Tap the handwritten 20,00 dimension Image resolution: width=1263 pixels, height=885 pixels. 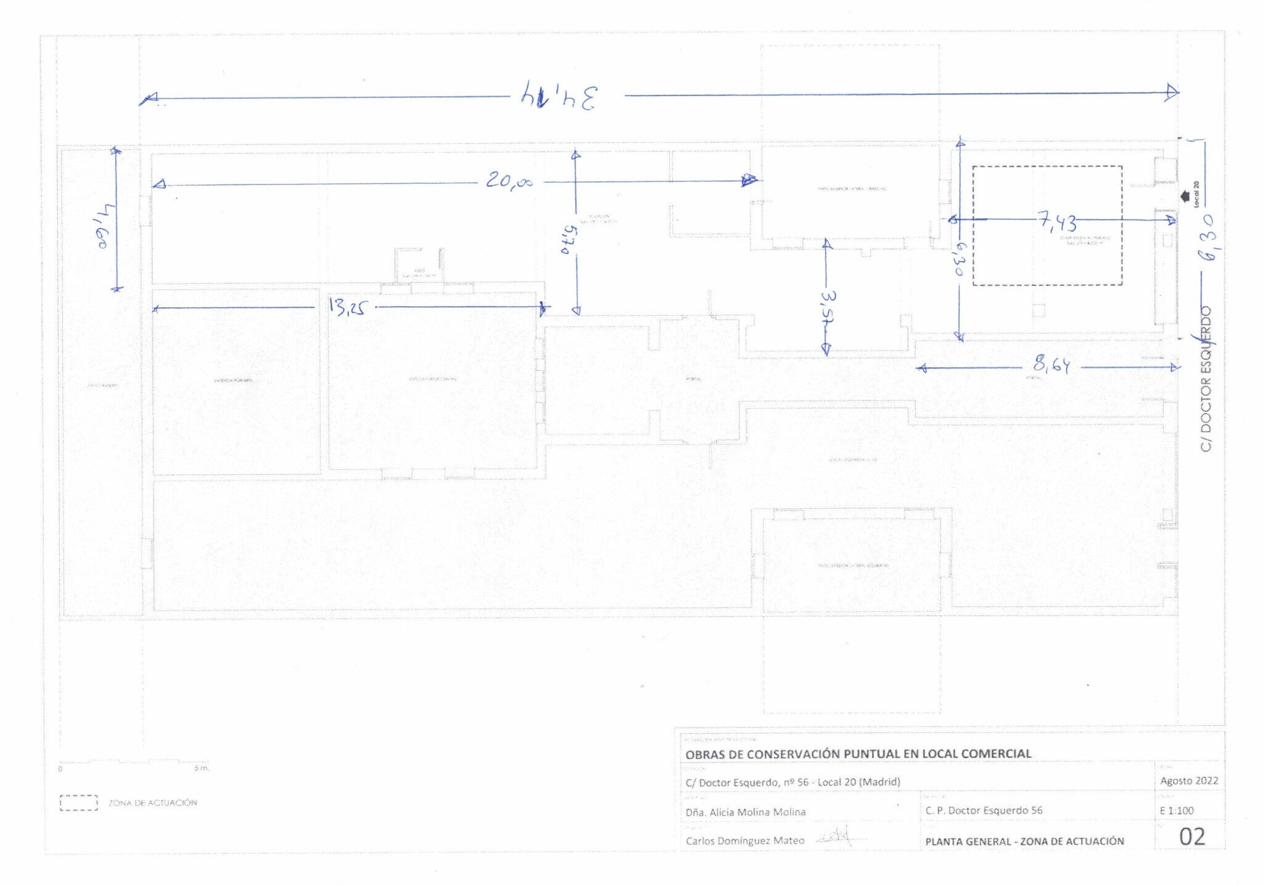point(509,181)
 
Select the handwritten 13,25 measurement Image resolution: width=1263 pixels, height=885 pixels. point(346,307)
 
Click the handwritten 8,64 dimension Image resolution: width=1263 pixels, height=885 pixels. point(1051,366)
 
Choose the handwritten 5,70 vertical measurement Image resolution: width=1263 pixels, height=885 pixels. point(569,239)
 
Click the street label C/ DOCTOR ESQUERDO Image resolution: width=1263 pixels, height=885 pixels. point(1206,379)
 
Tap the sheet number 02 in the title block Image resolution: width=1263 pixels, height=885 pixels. point(1191,837)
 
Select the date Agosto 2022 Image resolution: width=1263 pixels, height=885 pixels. point(1189,781)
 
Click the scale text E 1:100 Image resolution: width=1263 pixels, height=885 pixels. point(1177,810)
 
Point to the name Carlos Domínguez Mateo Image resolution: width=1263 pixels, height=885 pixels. point(745,841)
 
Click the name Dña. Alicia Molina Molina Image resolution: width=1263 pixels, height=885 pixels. point(746,812)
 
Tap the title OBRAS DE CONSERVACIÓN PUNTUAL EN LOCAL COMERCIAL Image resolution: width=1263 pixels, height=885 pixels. point(858,754)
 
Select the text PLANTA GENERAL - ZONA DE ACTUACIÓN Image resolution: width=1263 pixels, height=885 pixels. point(1024,841)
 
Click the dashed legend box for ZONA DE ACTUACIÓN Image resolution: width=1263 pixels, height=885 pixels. point(79,803)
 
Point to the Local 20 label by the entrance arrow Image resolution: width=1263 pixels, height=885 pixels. point(1196,194)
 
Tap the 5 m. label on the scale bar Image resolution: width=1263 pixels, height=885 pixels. point(202,768)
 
